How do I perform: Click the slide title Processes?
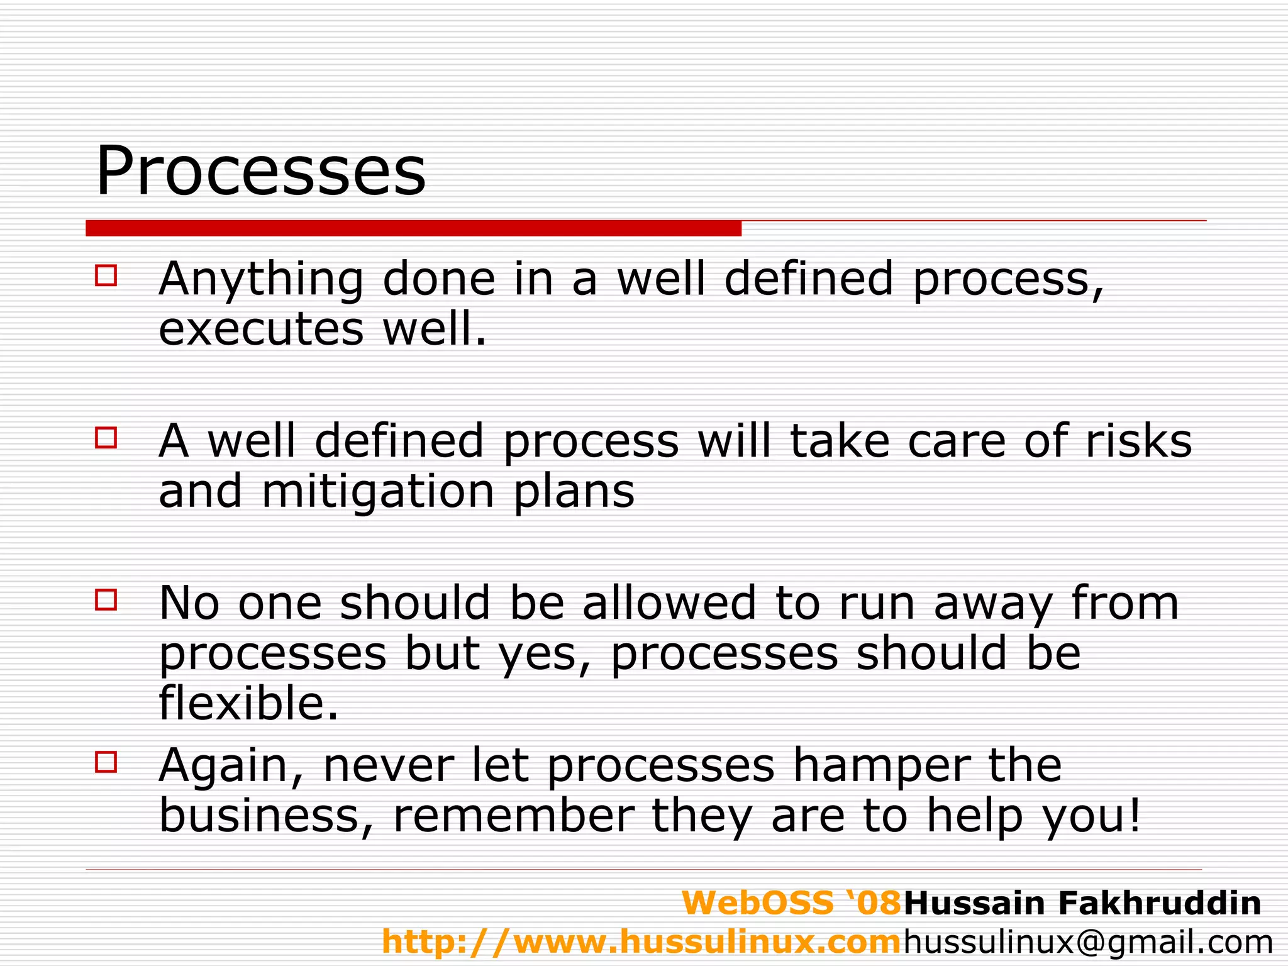tap(260, 171)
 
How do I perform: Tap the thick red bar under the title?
tap(413, 228)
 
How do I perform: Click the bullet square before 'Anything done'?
tap(106, 275)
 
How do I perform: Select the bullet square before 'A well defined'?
tap(106, 437)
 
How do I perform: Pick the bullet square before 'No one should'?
tap(106, 599)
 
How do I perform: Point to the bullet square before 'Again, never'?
tap(106, 762)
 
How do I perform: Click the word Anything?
tap(261, 280)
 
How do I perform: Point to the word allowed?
tap(669, 603)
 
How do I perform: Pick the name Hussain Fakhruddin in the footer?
tap(1082, 903)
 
